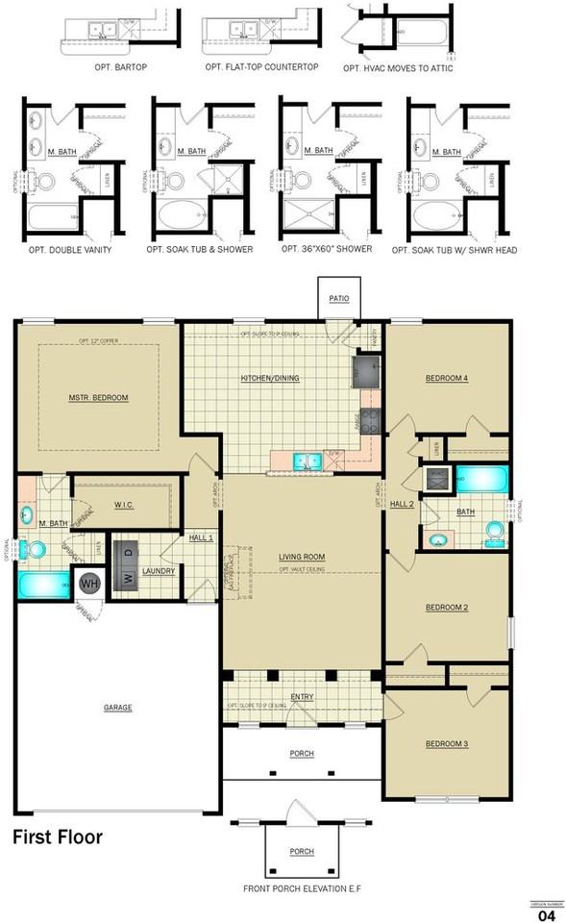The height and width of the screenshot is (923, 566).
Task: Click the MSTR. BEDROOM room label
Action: point(98,397)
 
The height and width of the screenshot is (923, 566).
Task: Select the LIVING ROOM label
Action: point(302,557)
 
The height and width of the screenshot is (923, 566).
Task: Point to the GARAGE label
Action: point(118,708)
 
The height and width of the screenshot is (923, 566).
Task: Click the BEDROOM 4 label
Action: point(447,378)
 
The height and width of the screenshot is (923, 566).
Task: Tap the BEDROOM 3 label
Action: point(447,744)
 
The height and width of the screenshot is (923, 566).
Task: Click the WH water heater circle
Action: point(89,583)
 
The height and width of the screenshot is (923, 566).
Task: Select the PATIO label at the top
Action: point(338,299)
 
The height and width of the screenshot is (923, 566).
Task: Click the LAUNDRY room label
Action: point(158,571)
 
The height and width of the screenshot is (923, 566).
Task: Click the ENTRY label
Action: point(302,697)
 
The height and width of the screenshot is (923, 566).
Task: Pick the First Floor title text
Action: point(57,837)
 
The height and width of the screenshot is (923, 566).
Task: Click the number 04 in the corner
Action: point(547,916)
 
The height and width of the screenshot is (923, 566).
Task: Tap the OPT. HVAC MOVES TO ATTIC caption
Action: point(398,69)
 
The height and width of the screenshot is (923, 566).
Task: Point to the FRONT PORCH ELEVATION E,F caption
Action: point(302,887)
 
